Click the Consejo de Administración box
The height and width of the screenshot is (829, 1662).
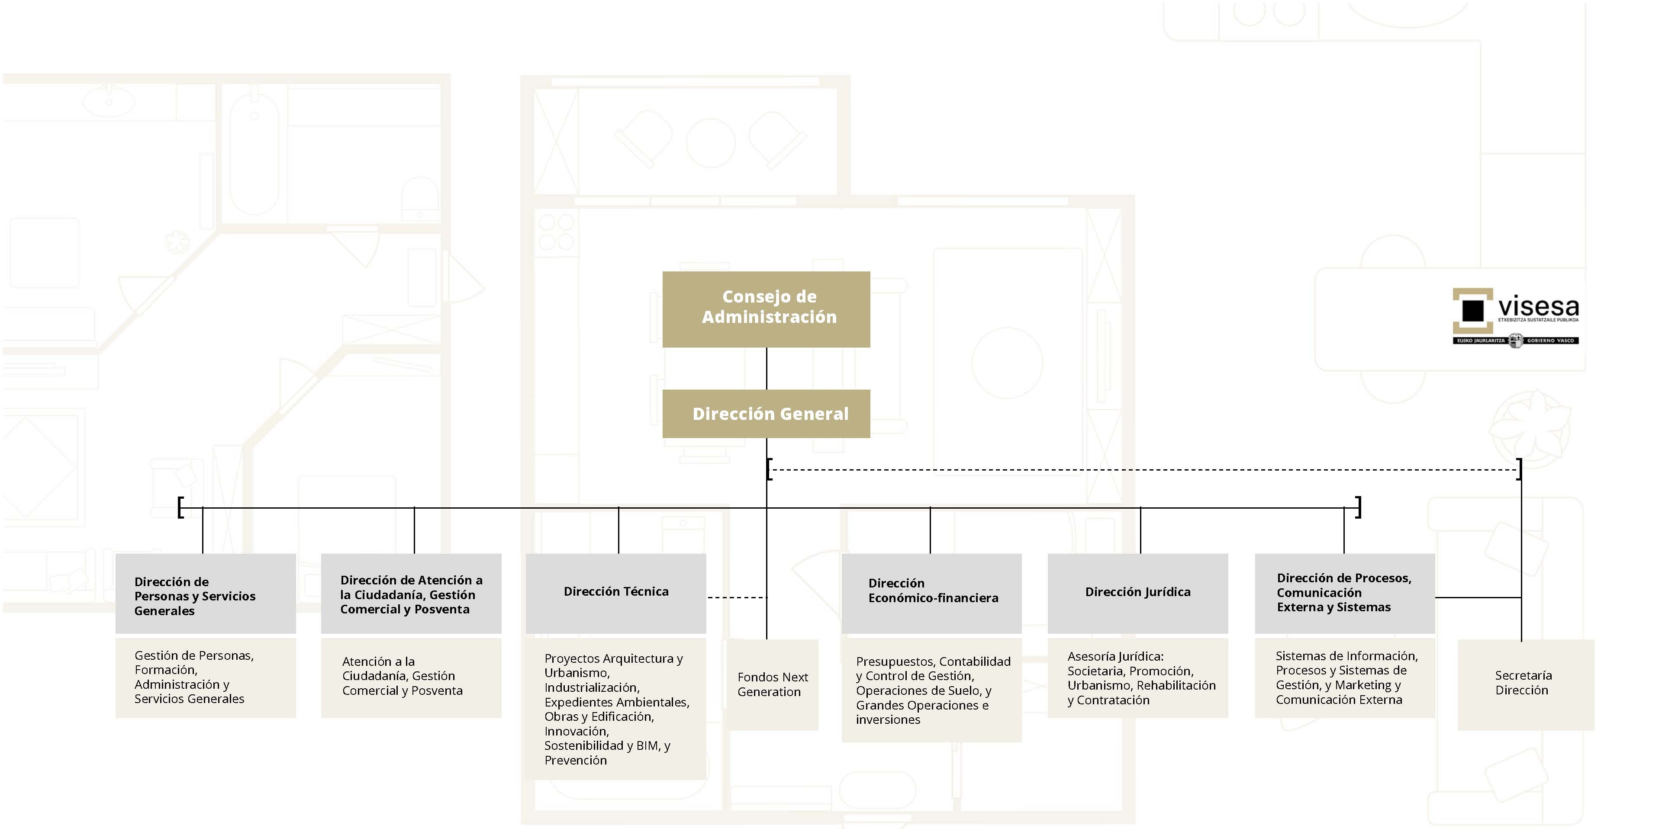pos(766,310)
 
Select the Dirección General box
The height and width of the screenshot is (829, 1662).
pos(766,413)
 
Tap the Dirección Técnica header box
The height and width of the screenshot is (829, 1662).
pos(615,593)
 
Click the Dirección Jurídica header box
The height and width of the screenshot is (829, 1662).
pos(1137,593)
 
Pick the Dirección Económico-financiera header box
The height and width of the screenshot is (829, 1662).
pos(931,593)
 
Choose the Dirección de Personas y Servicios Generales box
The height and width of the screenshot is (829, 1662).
pos(205,593)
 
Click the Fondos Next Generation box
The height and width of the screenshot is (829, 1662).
pos(772,684)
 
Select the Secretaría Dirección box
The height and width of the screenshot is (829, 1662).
pos(1525,684)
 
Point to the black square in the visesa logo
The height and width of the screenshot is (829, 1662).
pos(1473,310)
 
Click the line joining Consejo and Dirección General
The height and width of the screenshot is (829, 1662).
pos(767,368)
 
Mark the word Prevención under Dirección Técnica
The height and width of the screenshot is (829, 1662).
pos(576,760)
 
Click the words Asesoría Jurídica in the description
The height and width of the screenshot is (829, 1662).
pos(1115,656)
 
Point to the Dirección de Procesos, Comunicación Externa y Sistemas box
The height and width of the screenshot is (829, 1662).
pos(1345,593)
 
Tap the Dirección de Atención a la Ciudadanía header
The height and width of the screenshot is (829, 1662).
pos(411,593)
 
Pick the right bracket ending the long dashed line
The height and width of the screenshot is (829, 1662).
pos(1520,469)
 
